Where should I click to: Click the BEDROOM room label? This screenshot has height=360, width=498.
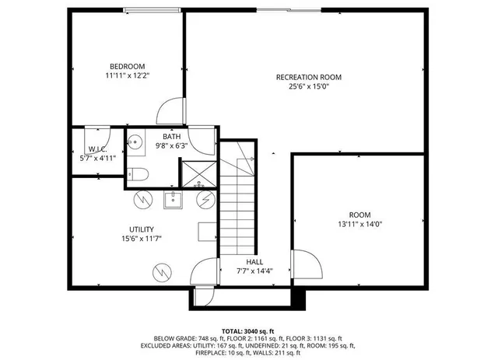125,66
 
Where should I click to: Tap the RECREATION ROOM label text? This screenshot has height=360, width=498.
309,77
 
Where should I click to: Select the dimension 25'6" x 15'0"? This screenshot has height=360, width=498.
309,87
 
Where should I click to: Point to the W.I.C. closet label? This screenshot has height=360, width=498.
97,149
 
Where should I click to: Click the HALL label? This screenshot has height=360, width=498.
254,262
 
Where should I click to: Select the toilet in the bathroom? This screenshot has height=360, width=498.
137,173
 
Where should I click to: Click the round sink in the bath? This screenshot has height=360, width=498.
135,142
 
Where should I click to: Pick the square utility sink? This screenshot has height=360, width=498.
173,201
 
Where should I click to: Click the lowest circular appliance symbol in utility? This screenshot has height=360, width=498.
162,272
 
